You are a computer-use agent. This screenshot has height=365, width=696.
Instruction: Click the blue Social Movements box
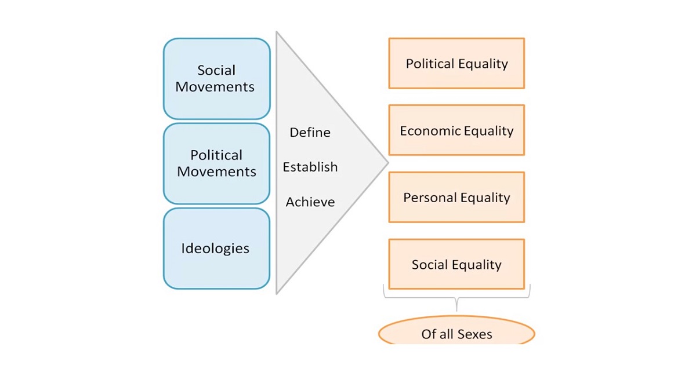click(216, 79)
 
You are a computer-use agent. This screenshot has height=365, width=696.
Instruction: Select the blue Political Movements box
click(216, 163)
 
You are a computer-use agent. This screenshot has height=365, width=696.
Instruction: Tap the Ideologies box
click(216, 249)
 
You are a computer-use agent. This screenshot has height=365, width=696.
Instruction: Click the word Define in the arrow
click(310, 133)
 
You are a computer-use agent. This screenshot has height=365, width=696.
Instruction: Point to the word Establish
click(310, 167)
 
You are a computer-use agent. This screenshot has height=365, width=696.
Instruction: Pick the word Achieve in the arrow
click(310, 202)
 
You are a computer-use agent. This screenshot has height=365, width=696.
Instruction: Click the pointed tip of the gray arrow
click(389, 162)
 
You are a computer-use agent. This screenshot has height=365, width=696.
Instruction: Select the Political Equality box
click(456, 63)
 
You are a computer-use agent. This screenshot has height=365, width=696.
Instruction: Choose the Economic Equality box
click(456, 130)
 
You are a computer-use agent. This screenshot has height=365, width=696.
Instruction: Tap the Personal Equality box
click(456, 197)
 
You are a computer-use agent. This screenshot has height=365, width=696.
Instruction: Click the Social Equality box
click(456, 264)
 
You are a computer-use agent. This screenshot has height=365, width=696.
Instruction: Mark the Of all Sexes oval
click(456, 332)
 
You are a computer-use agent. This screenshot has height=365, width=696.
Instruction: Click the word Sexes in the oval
click(475, 334)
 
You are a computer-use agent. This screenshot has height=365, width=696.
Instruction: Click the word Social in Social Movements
click(216, 70)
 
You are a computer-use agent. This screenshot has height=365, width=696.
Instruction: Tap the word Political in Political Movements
click(216, 155)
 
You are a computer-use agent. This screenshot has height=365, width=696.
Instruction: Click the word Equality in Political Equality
click(483, 64)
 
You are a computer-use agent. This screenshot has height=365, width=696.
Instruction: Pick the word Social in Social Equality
click(430, 265)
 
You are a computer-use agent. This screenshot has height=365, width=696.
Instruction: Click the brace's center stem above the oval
click(456, 305)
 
